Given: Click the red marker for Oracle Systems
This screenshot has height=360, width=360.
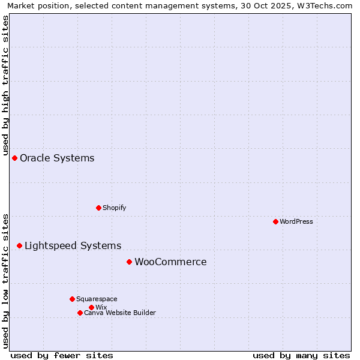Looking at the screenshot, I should click(x=14, y=158).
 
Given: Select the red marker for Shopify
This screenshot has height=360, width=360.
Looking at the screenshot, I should click(x=98, y=208).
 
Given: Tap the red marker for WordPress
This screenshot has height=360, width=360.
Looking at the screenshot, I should click(x=275, y=221).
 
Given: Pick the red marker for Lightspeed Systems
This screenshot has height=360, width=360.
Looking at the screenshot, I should click(x=19, y=245).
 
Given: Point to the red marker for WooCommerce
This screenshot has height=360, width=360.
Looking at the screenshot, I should click(x=129, y=262).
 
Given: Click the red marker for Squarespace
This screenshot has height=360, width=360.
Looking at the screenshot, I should click(x=72, y=299).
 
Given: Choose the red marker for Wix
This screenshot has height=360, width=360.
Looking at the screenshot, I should click(x=91, y=307).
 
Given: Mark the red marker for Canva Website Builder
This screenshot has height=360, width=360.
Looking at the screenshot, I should click(x=80, y=313).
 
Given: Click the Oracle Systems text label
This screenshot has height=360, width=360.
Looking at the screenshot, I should click(x=57, y=158).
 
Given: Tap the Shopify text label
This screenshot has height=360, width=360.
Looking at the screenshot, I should click(x=114, y=208).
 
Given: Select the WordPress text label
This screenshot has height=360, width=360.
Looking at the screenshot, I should click(x=296, y=221).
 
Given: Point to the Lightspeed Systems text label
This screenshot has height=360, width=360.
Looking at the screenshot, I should click(x=73, y=246).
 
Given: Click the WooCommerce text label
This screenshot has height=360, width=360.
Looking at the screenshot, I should click(x=170, y=262).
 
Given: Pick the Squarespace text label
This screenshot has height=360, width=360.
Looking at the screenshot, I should click(x=97, y=299).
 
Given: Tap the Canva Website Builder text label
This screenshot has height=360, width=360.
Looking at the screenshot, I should click(x=120, y=313).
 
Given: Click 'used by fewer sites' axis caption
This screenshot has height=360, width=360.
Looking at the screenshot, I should click(x=62, y=355).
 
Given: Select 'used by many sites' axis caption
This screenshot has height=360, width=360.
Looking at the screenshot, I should click(x=301, y=355).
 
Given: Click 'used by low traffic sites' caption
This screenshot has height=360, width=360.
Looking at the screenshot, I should click(x=5, y=280).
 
